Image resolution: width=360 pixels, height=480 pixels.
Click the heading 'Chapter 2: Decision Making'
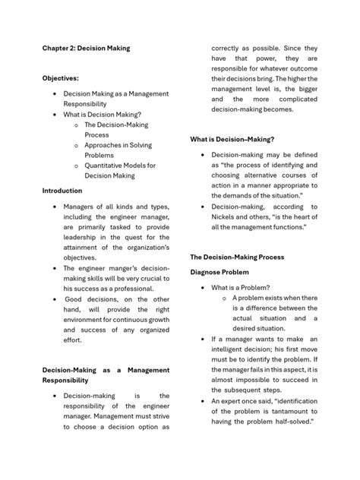click(x=86, y=48)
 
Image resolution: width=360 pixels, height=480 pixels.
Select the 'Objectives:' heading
click(x=60, y=77)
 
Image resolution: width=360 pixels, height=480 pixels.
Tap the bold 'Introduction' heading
click(x=62, y=191)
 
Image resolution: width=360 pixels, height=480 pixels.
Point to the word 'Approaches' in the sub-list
click(x=108, y=144)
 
